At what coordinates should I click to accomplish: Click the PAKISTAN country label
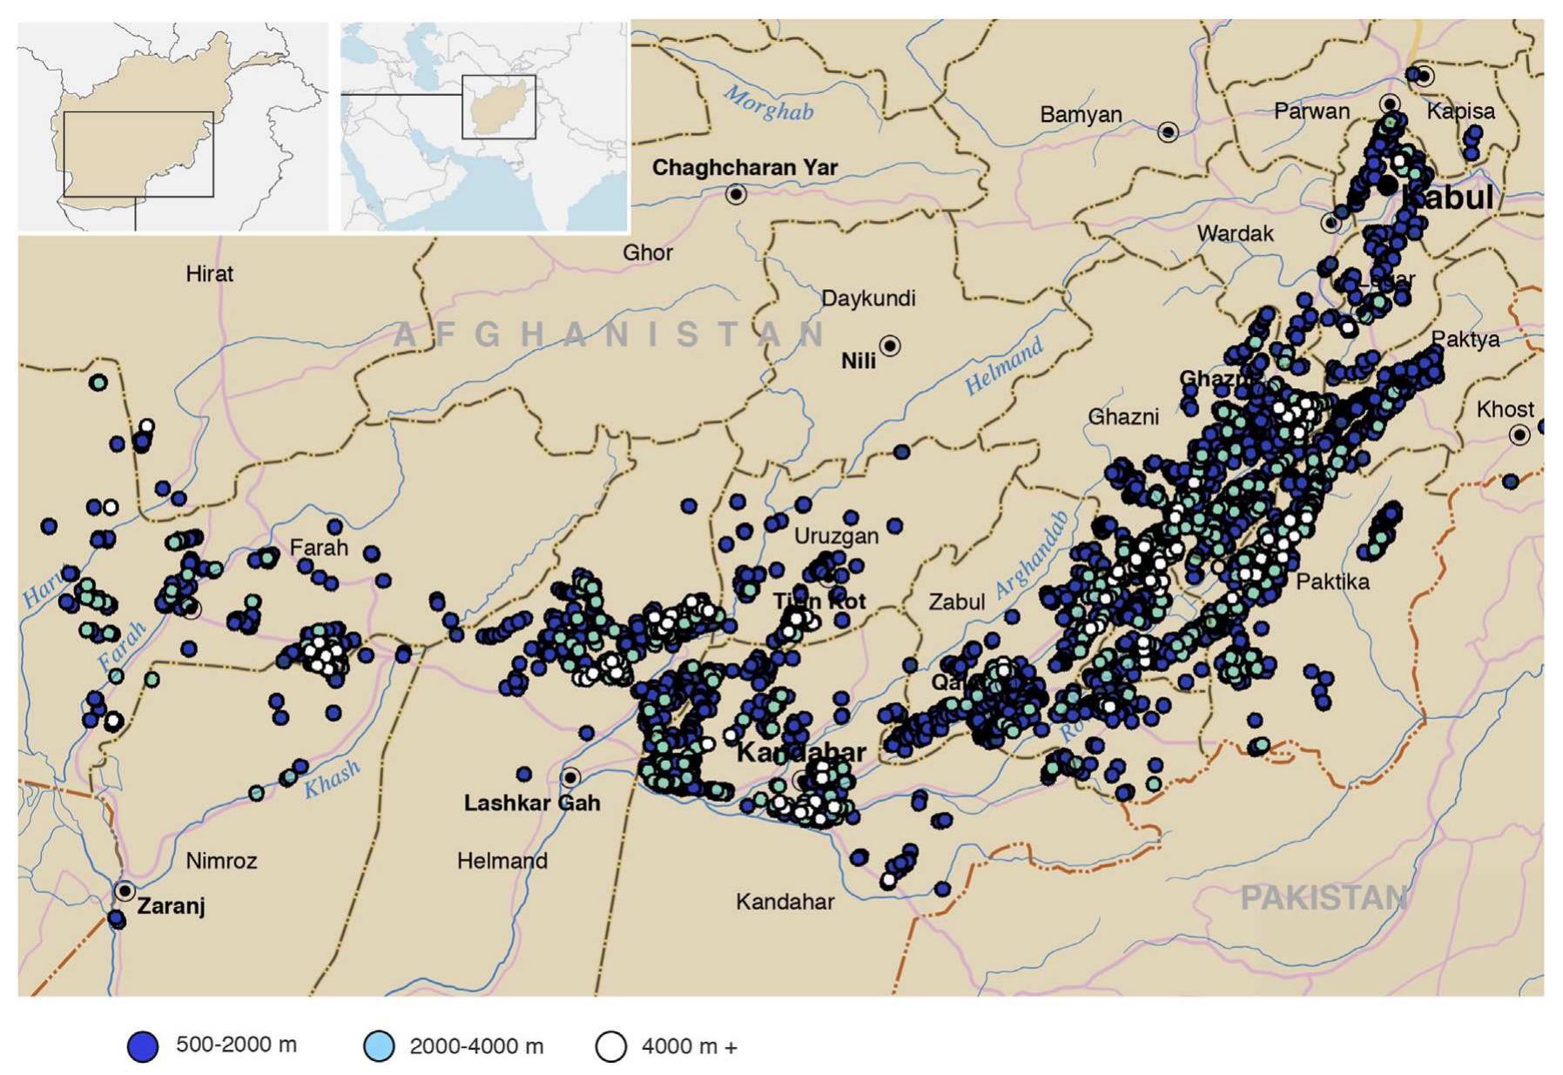click(1323, 897)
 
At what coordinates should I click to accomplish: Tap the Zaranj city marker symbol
click(125, 891)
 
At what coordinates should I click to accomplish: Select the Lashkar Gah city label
click(531, 803)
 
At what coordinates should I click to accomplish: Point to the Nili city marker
click(889, 346)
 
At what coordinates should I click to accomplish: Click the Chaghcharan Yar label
click(744, 167)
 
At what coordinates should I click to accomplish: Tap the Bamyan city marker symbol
click(1168, 131)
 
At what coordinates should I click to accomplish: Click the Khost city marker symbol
click(1519, 434)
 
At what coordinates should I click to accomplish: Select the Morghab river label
click(768, 104)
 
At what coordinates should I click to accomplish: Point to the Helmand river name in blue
click(1003, 367)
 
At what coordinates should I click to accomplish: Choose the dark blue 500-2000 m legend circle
click(143, 1045)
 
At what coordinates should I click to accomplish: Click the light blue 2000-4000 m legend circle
click(379, 1045)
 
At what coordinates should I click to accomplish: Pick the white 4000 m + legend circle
click(610, 1045)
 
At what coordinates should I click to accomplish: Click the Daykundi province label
click(868, 299)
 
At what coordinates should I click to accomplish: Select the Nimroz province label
click(221, 861)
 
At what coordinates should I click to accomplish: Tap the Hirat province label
click(209, 273)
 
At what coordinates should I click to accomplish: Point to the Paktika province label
click(1332, 581)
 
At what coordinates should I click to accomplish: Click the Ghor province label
click(647, 252)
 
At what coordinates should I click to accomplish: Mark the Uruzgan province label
click(836, 536)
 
